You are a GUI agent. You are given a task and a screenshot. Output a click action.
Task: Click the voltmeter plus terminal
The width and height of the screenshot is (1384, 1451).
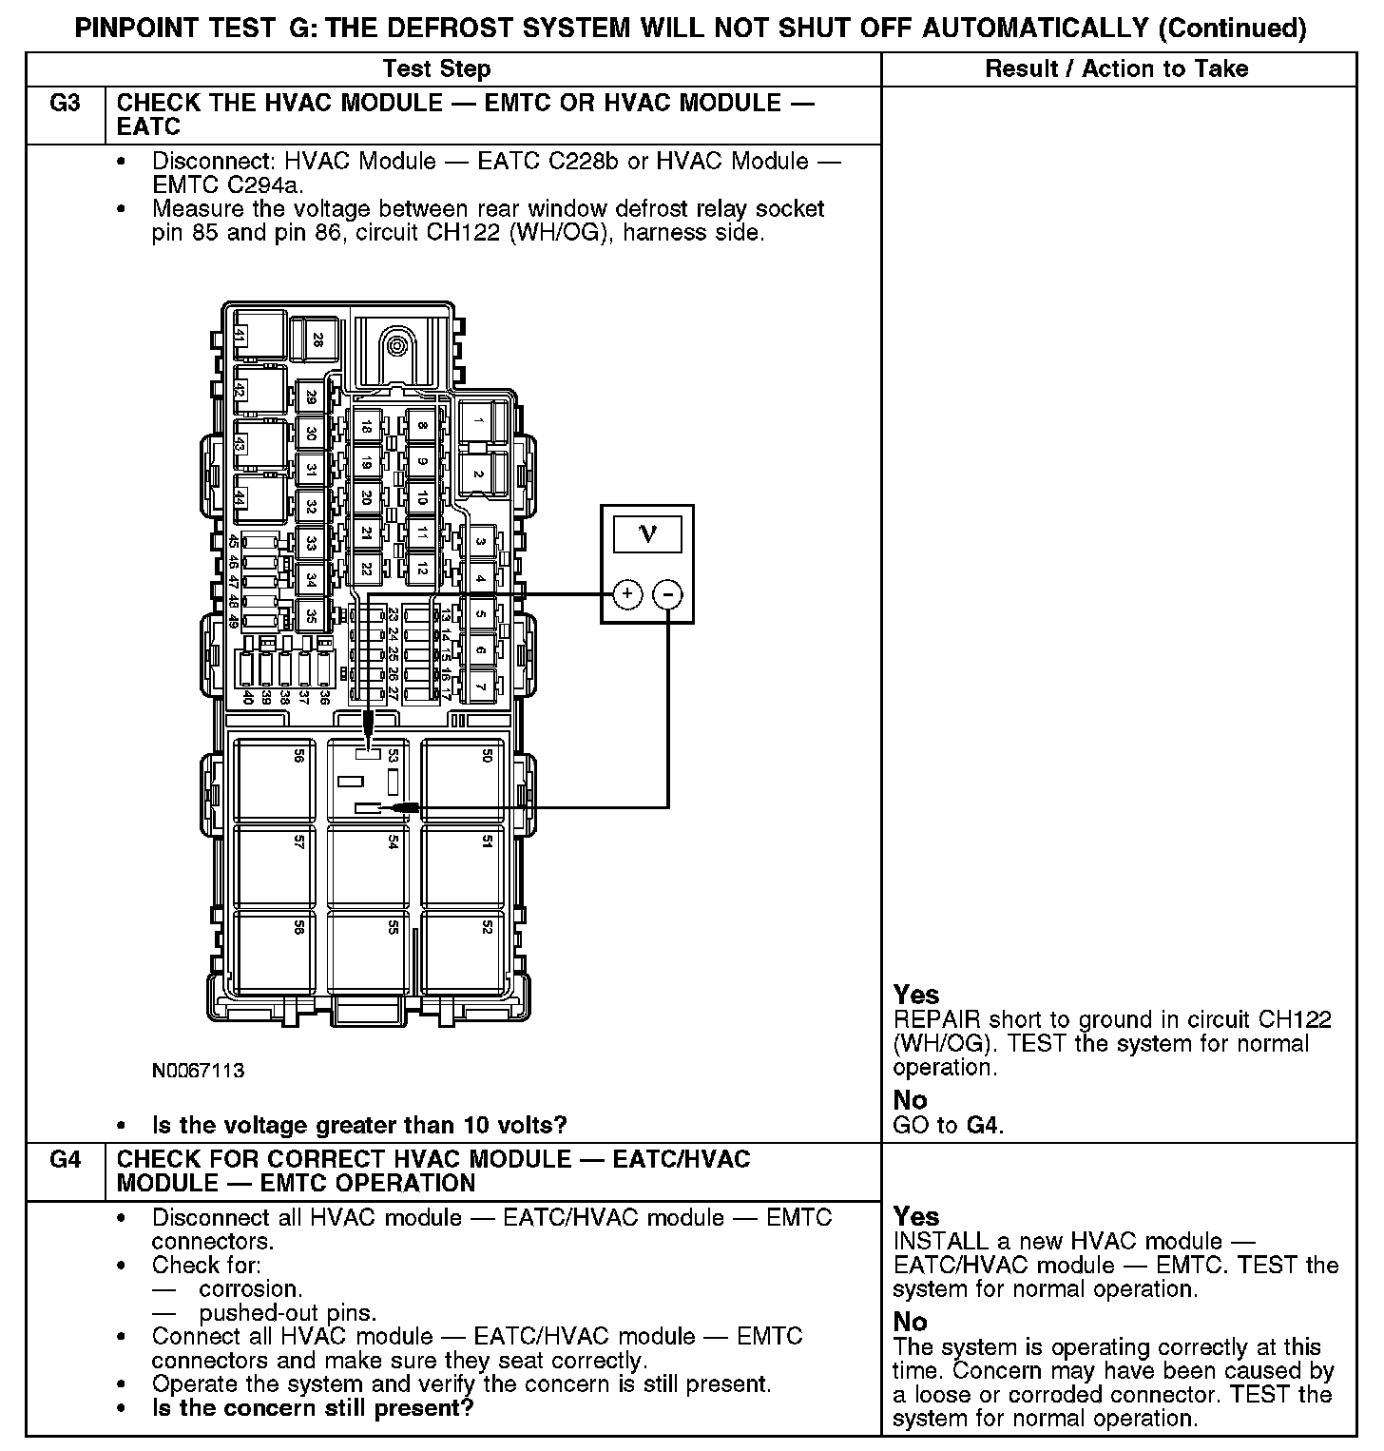626,594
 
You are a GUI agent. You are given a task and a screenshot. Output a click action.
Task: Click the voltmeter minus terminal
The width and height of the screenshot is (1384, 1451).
668,594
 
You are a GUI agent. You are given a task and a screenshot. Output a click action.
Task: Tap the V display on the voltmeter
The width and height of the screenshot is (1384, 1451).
647,533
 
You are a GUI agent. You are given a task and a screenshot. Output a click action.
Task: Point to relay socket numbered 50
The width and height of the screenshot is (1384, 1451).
467,780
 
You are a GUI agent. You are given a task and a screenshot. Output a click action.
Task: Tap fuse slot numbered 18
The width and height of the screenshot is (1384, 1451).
367,428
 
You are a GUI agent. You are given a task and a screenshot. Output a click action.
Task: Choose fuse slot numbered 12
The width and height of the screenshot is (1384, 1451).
420,568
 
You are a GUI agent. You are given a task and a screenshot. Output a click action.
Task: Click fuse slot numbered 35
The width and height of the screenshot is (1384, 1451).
311,615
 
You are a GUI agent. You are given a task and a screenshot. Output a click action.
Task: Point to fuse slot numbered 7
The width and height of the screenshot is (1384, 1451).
480,686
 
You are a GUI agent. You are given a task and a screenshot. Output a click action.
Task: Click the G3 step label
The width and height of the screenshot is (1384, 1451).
65,104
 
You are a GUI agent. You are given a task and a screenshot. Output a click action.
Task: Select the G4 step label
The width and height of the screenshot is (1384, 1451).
65,1160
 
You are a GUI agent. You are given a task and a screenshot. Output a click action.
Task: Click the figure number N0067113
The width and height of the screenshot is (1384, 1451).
198,1071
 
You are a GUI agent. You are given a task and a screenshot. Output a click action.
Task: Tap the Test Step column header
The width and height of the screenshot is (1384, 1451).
436,68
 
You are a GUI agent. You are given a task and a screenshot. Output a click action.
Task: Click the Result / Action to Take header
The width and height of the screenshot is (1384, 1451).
1117,68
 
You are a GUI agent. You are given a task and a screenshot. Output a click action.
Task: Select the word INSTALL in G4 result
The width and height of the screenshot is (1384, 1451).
935,1241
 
